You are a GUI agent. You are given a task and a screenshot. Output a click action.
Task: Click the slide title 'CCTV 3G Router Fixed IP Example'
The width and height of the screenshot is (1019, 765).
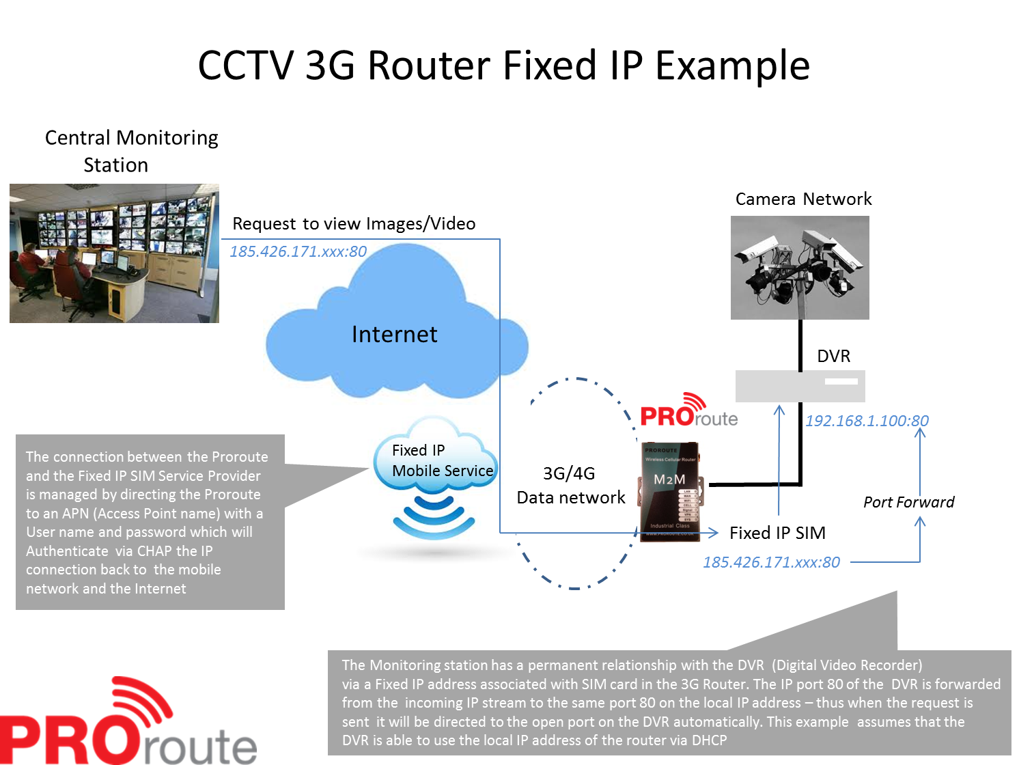coord(504,66)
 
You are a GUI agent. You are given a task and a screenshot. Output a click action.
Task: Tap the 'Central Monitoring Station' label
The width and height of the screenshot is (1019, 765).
coord(131,152)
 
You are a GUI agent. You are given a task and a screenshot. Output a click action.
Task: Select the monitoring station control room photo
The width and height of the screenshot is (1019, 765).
coord(114,253)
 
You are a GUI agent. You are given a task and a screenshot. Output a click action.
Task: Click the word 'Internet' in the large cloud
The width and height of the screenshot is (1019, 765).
coord(394,334)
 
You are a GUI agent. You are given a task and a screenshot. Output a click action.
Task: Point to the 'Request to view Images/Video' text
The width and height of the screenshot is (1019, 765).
coord(354,224)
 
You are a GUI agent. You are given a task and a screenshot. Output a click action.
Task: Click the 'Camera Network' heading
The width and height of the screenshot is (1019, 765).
coord(804,199)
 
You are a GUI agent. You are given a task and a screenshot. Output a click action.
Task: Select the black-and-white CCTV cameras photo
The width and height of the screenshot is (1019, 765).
coord(800,268)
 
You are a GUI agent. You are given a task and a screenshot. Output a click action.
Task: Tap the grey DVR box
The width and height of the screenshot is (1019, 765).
coord(800,386)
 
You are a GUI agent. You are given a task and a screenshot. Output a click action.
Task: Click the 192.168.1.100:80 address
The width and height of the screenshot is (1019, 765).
coord(867,421)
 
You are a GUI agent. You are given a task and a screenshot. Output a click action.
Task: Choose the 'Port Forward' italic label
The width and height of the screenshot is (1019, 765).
coord(908,502)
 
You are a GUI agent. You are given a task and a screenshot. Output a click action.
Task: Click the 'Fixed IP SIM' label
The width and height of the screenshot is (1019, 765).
coord(778,533)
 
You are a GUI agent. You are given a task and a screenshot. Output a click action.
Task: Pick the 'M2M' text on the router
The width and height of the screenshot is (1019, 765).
coord(669,479)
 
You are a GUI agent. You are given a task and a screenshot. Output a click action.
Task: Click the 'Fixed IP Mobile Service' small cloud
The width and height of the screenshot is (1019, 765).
coord(436,455)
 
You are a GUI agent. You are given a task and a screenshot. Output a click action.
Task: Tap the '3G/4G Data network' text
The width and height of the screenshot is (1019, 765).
coord(570,486)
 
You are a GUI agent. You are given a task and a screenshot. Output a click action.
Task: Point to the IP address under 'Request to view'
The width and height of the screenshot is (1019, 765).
coord(298,251)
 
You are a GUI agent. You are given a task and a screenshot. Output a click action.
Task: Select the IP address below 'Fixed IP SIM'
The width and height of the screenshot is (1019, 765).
coord(771,562)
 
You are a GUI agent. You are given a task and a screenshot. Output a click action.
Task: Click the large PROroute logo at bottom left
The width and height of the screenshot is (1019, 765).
coord(128,721)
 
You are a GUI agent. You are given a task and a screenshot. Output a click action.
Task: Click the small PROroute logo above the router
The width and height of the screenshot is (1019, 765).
coord(688,411)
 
